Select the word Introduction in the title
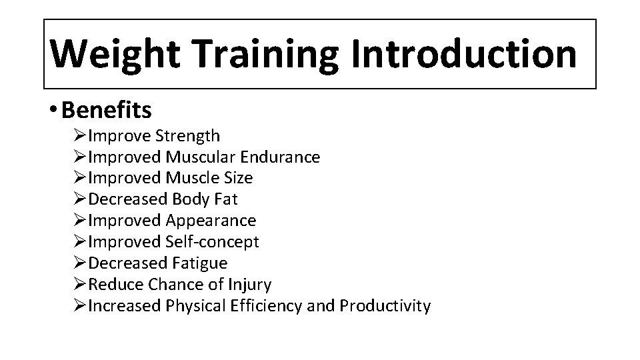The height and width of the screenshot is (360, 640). [465, 54]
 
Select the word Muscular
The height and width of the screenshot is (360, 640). [197, 157]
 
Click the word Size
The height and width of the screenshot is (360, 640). [238, 178]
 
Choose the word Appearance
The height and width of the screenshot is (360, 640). [210, 220]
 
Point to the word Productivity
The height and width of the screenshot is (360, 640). [385, 306]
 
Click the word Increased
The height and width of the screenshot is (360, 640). [125, 306]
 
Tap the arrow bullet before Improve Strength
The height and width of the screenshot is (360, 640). [80, 136]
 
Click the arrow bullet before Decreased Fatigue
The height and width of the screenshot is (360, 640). [80, 263]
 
